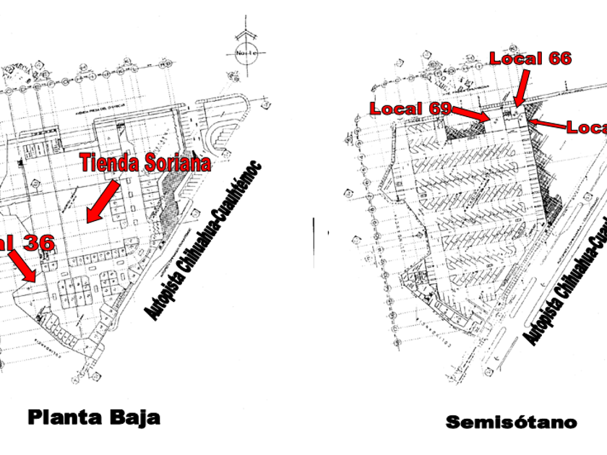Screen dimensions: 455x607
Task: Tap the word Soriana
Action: (178, 163)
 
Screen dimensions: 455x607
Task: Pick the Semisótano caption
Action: (511, 422)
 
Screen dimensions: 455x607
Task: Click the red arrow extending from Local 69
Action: (473, 113)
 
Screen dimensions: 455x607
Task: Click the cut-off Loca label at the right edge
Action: (586, 128)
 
